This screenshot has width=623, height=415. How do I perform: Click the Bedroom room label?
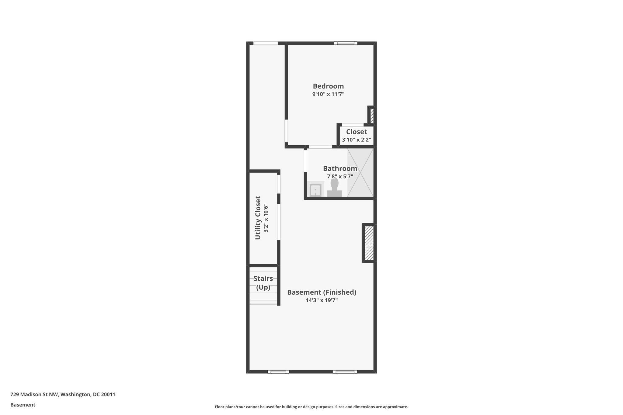click(x=328, y=86)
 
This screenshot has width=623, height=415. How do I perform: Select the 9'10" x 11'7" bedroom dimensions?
click(x=328, y=94)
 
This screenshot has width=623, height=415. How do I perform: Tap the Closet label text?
click(x=356, y=132)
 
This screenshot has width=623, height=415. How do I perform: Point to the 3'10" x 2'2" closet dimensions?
click(x=356, y=140)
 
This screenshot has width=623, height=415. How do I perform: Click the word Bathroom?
click(x=340, y=168)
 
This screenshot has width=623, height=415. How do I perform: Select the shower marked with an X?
click(x=360, y=172)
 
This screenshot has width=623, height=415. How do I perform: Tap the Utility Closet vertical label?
click(x=258, y=218)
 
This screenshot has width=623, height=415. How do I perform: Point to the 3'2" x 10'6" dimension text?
click(x=266, y=218)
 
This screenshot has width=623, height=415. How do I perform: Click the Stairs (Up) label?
click(x=263, y=283)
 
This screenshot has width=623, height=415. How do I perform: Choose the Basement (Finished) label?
click(x=322, y=292)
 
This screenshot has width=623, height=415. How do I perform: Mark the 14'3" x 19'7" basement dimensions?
click(x=322, y=300)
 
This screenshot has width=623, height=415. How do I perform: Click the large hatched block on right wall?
click(x=369, y=243)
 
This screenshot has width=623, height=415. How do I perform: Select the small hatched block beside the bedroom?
click(x=372, y=116)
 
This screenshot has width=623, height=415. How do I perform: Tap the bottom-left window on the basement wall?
click(x=278, y=372)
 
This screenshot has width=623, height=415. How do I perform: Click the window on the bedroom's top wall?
click(x=346, y=43)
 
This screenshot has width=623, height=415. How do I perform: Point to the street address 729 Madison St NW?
click(x=63, y=394)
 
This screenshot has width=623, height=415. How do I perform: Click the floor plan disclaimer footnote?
click(x=311, y=407)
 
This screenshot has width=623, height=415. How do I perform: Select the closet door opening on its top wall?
click(x=353, y=125)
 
